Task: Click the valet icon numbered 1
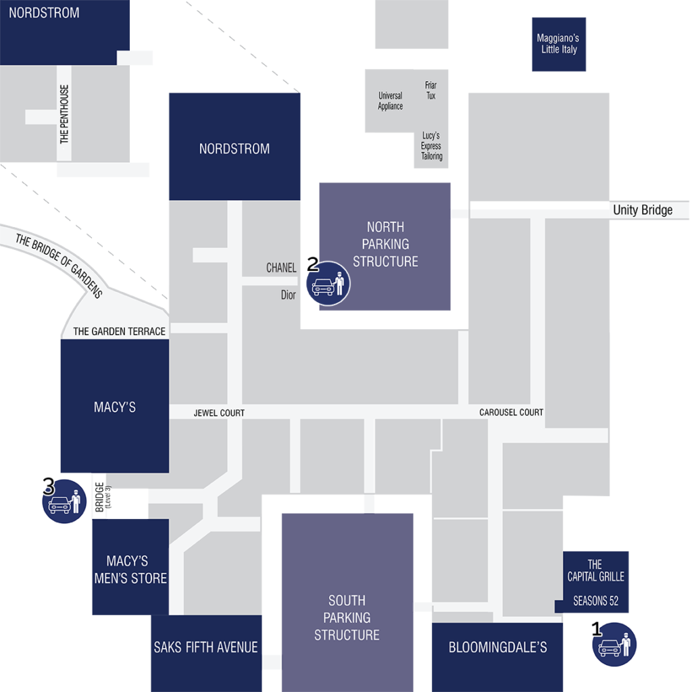tap(614, 644)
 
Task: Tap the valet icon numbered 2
tap(328, 283)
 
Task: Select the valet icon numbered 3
tap(64, 501)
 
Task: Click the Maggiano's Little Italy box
tap(559, 44)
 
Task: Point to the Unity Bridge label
tap(643, 210)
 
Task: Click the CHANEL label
tap(281, 268)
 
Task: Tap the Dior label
tap(288, 295)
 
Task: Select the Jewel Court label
tap(219, 413)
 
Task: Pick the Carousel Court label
tap(511, 412)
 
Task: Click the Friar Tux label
tap(430, 90)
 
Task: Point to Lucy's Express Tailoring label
tap(431, 146)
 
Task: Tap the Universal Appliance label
tap(390, 101)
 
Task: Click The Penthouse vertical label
tap(64, 114)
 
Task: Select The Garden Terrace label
tap(119, 331)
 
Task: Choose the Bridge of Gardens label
tap(59, 266)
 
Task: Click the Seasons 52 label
tap(596, 601)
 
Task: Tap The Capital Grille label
tap(596, 570)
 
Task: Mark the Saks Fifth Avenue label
tap(205, 647)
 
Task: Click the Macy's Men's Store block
tap(130, 567)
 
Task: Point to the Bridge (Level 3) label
tap(103, 497)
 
